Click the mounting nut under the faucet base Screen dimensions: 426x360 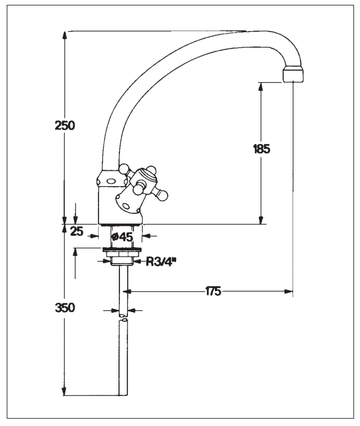[122, 261]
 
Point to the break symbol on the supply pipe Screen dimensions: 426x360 [124, 319]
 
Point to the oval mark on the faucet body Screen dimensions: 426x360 [111, 181]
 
